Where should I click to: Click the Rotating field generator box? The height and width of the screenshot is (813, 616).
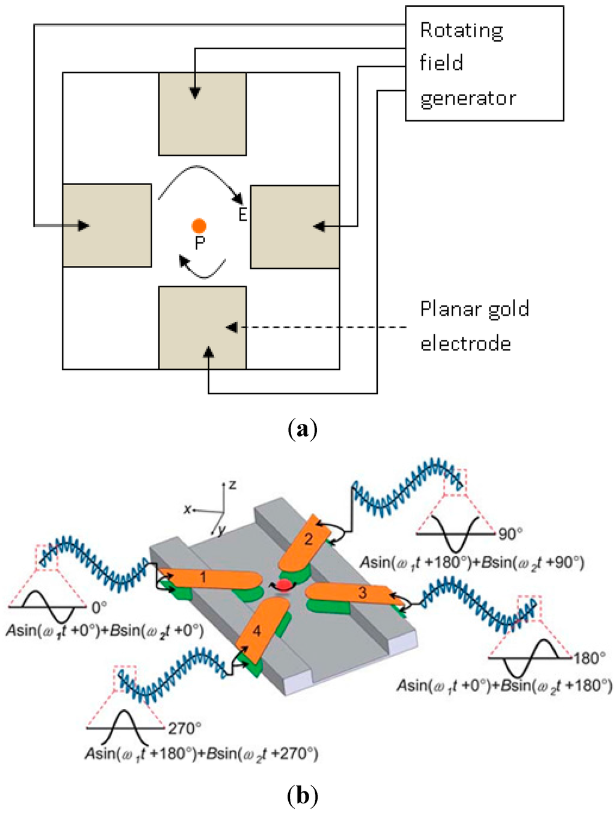[x=484, y=64]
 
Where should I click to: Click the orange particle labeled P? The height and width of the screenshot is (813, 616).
[x=199, y=226]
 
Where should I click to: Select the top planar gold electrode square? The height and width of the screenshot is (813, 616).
[x=203, y=114]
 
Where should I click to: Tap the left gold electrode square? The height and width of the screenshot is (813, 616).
[x=107, y=225]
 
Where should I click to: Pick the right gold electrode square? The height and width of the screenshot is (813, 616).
[x=295, y=227]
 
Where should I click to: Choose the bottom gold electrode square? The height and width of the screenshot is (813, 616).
[x=203, y=328]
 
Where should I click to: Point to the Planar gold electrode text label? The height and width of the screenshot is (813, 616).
[x=474, y=326]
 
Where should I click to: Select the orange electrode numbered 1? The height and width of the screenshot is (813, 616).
[x=208, y=579]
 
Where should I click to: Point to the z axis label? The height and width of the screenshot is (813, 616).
[x=232, y=484]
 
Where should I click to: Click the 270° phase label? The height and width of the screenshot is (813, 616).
[x=185, y=729]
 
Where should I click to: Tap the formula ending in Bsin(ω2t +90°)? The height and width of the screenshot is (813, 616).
[x=472, y=563]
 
